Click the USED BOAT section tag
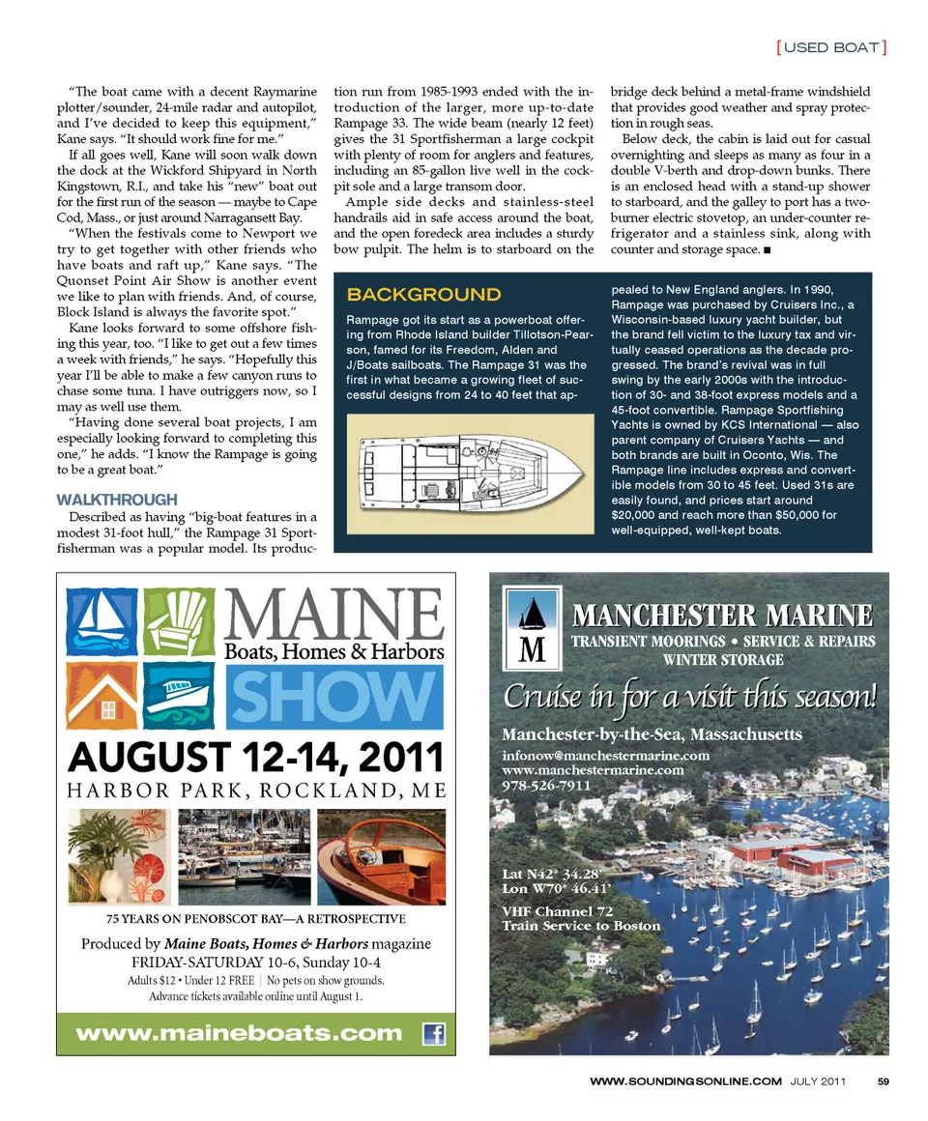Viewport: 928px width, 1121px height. pyautogui.click(x=831, y=46)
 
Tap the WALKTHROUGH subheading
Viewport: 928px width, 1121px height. pyautogui.click(x=117, y=500)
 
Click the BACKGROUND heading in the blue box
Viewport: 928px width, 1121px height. pyautogui.click(x=423, y=295)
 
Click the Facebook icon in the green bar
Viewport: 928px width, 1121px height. pyautogui.click(x=434, y=1033)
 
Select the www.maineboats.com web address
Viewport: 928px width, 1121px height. pyautogui.click(x=239, y=1033)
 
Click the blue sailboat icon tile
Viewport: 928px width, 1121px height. pyautogui.click(x=101, y=620)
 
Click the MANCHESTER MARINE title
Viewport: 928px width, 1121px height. pyautogui.click(x=723, y=615)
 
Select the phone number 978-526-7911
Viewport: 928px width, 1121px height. pyautogui.click(x=546, y=786)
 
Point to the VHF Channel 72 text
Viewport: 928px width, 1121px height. pyautogui.click(x=558, y=910)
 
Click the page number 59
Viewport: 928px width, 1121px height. pyautogui.click(x=883, y=1081)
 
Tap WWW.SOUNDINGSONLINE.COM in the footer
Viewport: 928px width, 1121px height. pyautogui.click(x=684, y=1081)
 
